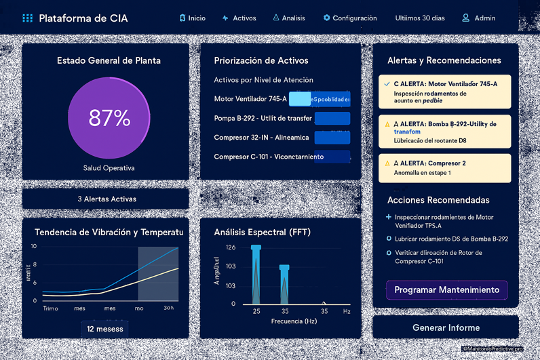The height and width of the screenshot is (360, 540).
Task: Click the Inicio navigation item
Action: (x=192, y=18)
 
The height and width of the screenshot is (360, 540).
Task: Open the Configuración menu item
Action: (x=349, y=18)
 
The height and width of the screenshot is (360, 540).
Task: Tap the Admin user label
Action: (x=478, y=18)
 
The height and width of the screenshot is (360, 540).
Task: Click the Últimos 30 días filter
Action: (x=420, y=18)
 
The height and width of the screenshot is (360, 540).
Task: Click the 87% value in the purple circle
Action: (x=109, y=118)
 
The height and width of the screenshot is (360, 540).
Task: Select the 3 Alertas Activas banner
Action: (x=106, y=199)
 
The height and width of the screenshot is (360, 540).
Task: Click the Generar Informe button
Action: (x=446, y=327)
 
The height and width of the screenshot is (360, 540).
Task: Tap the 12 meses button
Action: (x=105, y=329)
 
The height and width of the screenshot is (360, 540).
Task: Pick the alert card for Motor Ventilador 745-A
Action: (x=444, y=92)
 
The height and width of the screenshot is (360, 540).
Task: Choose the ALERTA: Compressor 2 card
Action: (x=444, y=168)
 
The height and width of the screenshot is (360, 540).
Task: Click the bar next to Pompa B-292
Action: (x=332, y=119)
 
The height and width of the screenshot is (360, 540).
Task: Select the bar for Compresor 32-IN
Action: (x=332, y=138)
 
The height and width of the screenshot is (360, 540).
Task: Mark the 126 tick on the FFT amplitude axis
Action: (x=231, y=247)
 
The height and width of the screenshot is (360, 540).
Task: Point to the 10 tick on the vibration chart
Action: (x=34, y=247)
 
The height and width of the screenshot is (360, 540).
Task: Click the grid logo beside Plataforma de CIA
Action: (x=27, y=18)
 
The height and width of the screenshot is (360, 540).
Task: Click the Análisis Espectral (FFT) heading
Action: (x=262, y=233)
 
